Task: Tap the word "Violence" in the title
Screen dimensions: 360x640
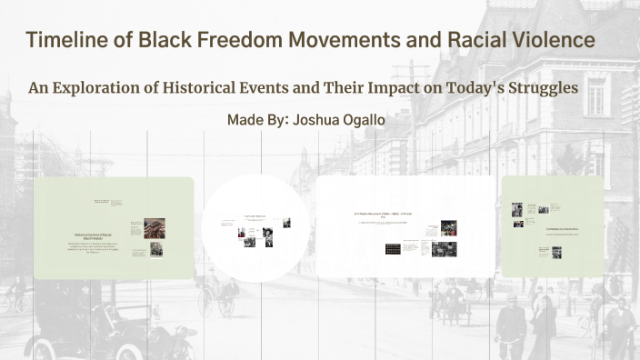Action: pos(548,41)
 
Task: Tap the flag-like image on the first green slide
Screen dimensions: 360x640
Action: pos(154,227)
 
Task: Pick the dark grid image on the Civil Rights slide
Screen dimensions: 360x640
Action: pos(392,248)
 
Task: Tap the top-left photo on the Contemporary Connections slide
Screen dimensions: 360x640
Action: pos(516,208)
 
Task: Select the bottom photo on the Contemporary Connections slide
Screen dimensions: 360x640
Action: pos(555,254)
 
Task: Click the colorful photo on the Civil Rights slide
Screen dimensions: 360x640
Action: pos(448,227)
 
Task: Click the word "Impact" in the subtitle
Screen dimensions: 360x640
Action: pos(393,89)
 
